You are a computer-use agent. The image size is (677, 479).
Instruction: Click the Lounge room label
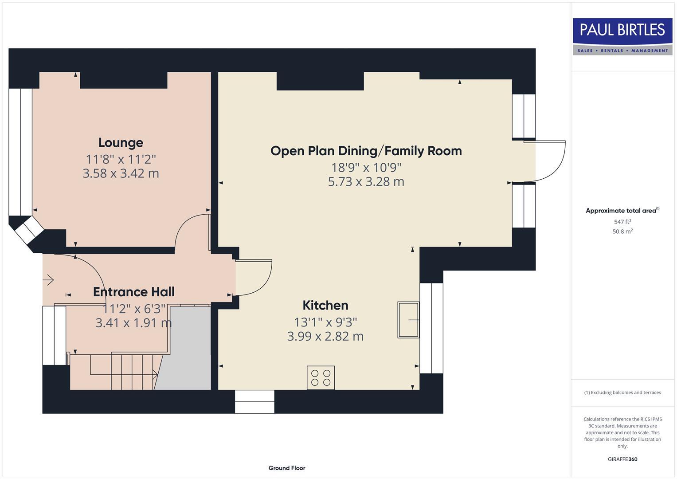pyautogui.click(x=121, y=143)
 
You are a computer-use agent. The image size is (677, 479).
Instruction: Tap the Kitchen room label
pyautogui.click(x=325, y=306)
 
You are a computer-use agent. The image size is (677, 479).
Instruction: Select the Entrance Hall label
pyautogui.click(x=133, y=292)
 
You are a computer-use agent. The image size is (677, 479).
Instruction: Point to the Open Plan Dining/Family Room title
pyautogui.click(x=366, y=151)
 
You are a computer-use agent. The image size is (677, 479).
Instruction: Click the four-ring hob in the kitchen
pyautogui.click(x=321, y=378)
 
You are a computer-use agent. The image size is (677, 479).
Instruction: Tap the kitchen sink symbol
pyautogui.click(x=408, y=320)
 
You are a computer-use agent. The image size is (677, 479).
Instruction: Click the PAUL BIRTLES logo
pyautogui.click(x=622, y=36)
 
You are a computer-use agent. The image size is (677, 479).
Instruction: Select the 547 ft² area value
pyautogui.click(x=622, y=222)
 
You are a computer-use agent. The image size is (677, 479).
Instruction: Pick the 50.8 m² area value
pyautogui.click(x=622, y=232)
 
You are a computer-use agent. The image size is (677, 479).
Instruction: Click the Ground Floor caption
pyautogui.click(x=287, y=468)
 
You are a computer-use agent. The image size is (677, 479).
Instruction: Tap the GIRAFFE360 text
pyautogui.click(x=622, y=459)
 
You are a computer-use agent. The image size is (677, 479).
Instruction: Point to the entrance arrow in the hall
pyautogui.click(x=48, y=280)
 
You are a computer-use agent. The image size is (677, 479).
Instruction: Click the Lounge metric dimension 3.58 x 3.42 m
pyautogui.click(x=121, y=173)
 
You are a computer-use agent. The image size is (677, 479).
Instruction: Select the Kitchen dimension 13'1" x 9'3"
pyautogui.click(x=325, y=322)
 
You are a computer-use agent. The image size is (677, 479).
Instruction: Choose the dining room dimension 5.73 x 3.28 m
pyautogui.click(x=366, y=182)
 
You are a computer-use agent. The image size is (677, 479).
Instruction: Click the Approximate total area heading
pyautogui.click(x=622, y=211)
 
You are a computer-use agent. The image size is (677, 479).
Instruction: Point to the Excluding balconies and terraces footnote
pyautogui.click(x=622, y=393)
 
